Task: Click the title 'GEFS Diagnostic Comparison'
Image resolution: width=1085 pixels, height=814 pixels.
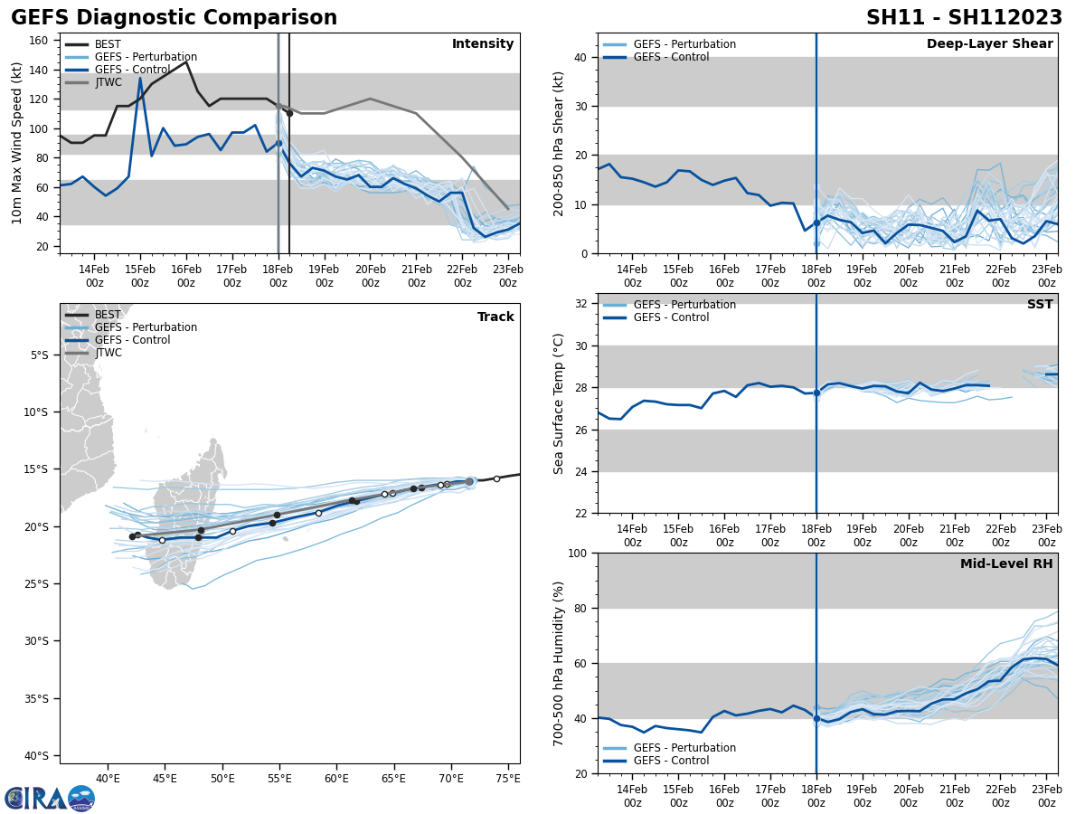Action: point(174,18)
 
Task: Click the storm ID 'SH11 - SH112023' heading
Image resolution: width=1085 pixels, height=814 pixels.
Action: point(964,18)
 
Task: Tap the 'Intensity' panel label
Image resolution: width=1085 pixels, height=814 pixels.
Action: point(483,44)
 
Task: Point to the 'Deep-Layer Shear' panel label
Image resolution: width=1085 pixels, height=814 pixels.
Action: point(989,44)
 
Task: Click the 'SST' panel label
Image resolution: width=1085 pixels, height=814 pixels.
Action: point(1040,305)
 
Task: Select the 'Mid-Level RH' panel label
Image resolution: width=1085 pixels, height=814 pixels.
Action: point(1006,564)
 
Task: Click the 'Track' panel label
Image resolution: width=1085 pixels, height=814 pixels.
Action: point(495,317)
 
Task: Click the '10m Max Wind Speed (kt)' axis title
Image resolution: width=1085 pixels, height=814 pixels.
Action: point(17,143)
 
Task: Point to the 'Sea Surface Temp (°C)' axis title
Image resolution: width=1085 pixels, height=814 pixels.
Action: point(559,403)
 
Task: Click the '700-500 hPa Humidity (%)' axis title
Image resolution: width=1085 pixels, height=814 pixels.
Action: point(559,663)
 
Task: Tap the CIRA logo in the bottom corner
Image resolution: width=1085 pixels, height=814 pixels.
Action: point(49,798)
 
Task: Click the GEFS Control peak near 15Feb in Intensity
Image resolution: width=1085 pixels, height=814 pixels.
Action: point(140,78)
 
